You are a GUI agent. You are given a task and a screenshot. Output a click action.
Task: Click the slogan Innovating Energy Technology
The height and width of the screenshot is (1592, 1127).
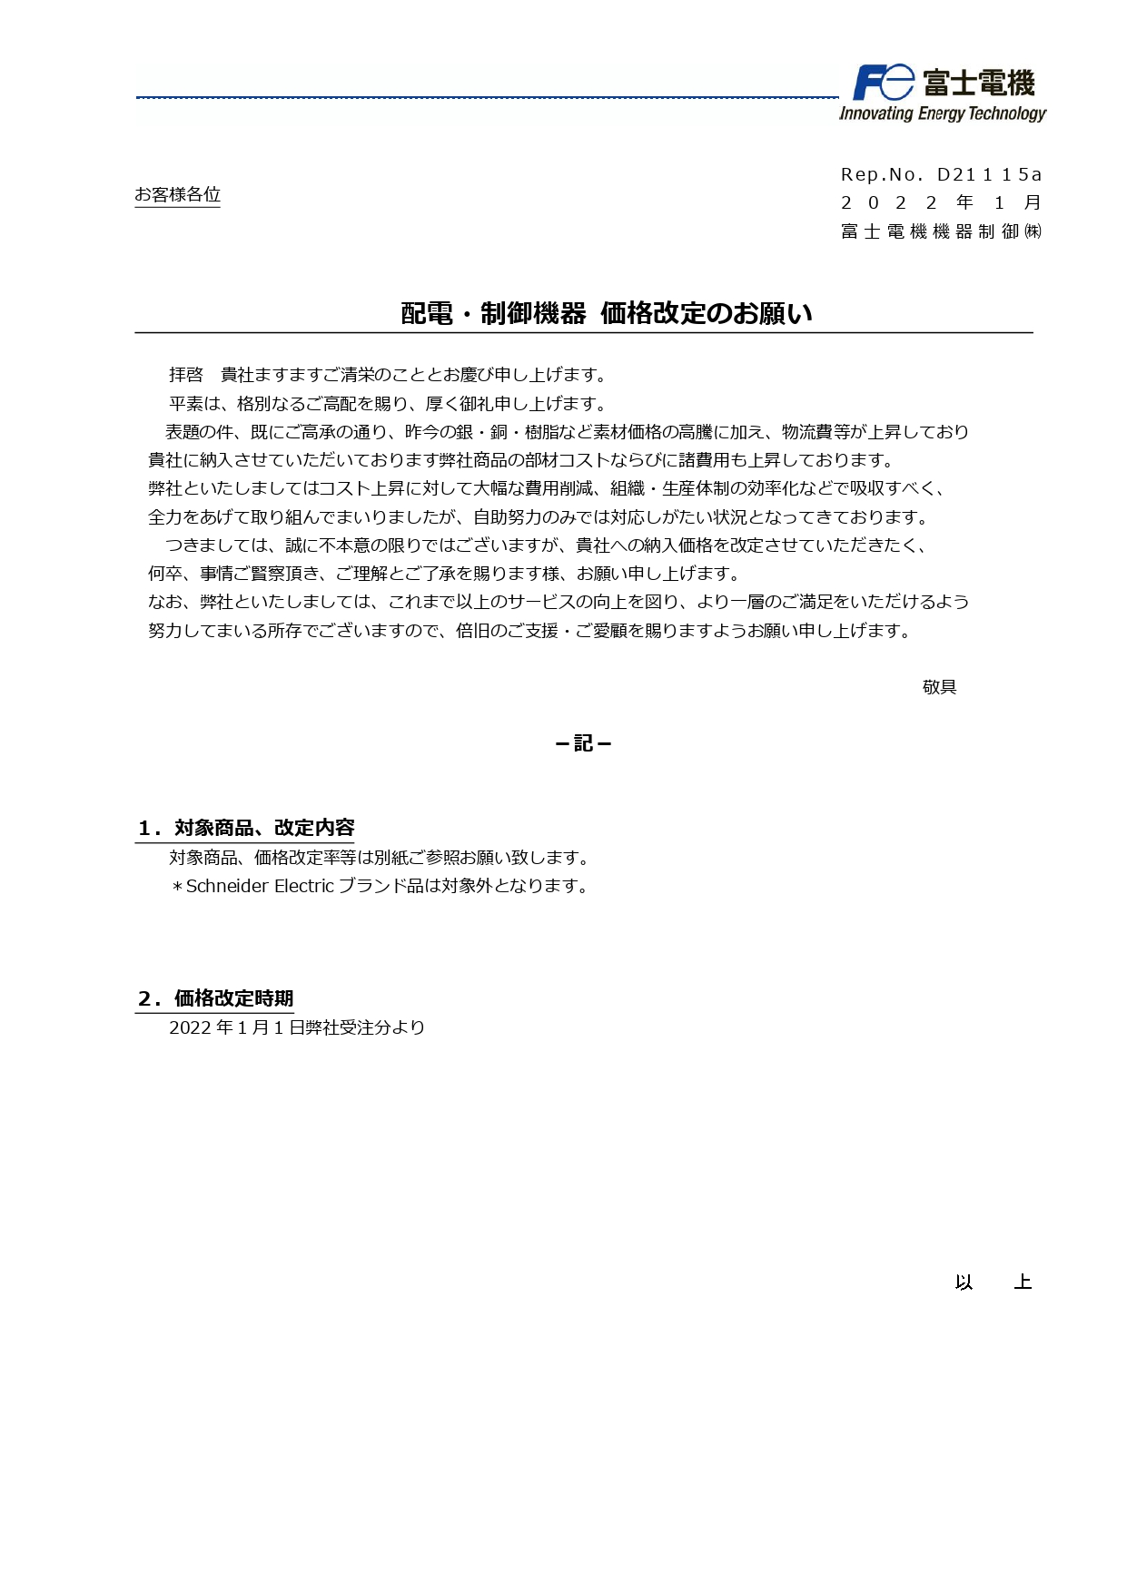coord(942,113)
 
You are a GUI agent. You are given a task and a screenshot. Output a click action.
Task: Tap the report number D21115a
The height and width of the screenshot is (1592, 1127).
coord(989,174)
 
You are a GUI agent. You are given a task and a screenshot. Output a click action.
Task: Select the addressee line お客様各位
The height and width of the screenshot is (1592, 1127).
coord(177,194)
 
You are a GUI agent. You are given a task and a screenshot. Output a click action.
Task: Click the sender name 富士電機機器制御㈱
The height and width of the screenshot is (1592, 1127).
coord(941,231)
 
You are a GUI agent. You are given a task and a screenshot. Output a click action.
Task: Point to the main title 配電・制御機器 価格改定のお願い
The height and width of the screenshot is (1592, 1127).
coord(606,313)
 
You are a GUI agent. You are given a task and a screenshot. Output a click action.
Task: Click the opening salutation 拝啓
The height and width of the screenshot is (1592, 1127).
coord(186,375)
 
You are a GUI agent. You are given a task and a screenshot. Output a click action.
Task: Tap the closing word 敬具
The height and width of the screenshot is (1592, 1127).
coord(939,687)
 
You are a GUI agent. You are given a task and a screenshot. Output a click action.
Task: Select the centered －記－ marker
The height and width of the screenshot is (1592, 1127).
coord(583,743)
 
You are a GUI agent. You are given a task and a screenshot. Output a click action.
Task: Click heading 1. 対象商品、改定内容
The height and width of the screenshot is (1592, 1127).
coord(245,828)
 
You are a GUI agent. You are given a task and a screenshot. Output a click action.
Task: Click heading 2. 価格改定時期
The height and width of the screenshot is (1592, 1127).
coord(215,998)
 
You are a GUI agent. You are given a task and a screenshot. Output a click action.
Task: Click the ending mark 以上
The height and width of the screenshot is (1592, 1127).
coord(993,1282)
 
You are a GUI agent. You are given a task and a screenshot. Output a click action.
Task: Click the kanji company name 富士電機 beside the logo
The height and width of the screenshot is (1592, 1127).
coord(979,84)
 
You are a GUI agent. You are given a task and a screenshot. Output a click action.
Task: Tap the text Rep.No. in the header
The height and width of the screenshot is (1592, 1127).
coord(881,174)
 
